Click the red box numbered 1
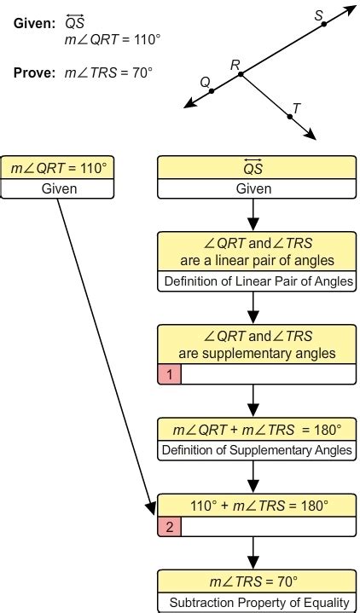point(169,373)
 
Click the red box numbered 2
point(169,526)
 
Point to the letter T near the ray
point(296,107)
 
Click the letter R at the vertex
point(235,64)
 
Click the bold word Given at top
point(33,23)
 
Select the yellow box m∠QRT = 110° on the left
point(58,168)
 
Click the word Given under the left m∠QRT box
point(58,188)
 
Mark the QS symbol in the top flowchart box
point(253,168)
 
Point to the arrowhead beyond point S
point(351,8)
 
